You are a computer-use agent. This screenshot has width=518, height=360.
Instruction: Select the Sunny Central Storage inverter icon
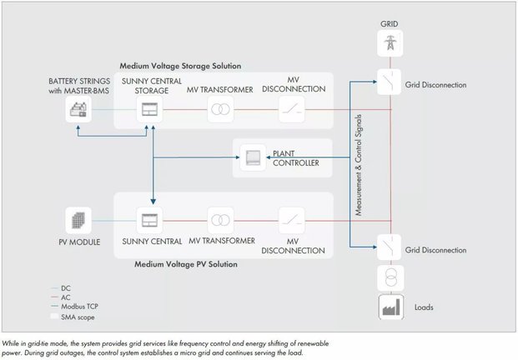click(x=152, y=109)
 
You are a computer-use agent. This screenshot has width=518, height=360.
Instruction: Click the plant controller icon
click(x=252, y=157)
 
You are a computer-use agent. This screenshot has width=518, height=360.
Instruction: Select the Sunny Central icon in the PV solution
click(x=152, y=220)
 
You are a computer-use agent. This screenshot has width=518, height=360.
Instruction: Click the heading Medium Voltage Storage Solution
click(x=180, y=65)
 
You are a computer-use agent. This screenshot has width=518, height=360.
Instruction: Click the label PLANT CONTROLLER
click(x=296, y=158)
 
